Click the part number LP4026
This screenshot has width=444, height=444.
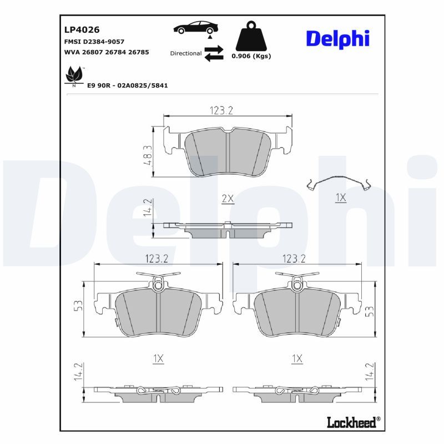coord(82,30)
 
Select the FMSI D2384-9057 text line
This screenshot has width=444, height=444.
coord(94,42)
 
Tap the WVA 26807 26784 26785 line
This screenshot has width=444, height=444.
coord(107,52)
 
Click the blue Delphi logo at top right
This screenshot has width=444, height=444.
coord(338,39)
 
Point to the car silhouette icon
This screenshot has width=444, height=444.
coord(196,27)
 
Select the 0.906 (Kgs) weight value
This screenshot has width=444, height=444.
coord(251,56)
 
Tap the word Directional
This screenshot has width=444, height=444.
coord(186,53)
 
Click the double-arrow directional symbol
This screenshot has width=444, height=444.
coord(214,53)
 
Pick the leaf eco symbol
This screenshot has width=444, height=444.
coord(74,75)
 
